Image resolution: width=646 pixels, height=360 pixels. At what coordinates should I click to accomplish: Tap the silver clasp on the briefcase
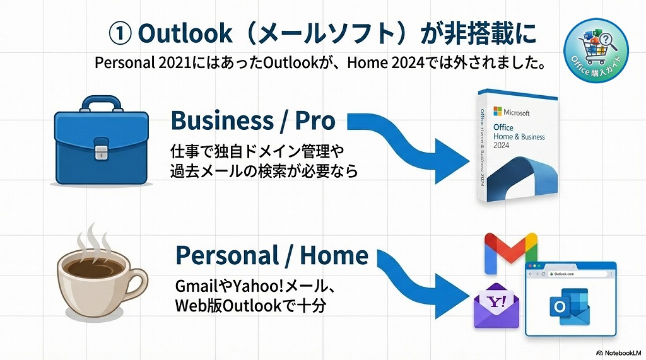point(102,152)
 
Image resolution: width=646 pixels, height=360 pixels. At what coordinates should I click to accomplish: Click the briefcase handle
point(101,103)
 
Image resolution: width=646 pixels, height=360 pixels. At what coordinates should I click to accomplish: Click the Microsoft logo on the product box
point(497,112)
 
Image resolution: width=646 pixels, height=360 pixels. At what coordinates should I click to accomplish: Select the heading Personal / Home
point(271,255)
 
